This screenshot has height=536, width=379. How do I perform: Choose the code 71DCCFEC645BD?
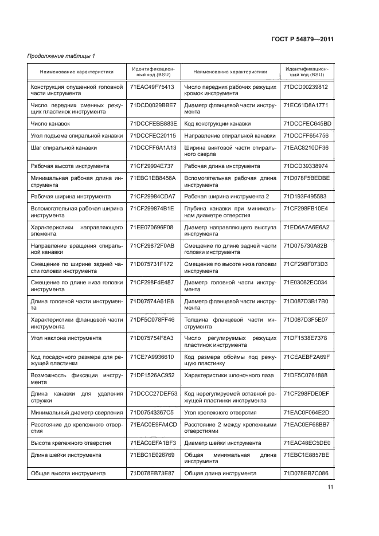click(307, 123)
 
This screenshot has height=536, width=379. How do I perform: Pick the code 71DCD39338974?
click(306, 166)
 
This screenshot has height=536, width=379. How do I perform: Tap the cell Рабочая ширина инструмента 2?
click(226, 196)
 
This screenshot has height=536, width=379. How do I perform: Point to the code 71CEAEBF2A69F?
click(307, 357)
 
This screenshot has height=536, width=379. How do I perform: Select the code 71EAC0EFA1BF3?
click(153, 443)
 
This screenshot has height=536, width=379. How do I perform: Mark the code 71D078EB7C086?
click(307, 474)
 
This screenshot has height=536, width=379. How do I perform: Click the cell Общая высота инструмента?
click(68, 474)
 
